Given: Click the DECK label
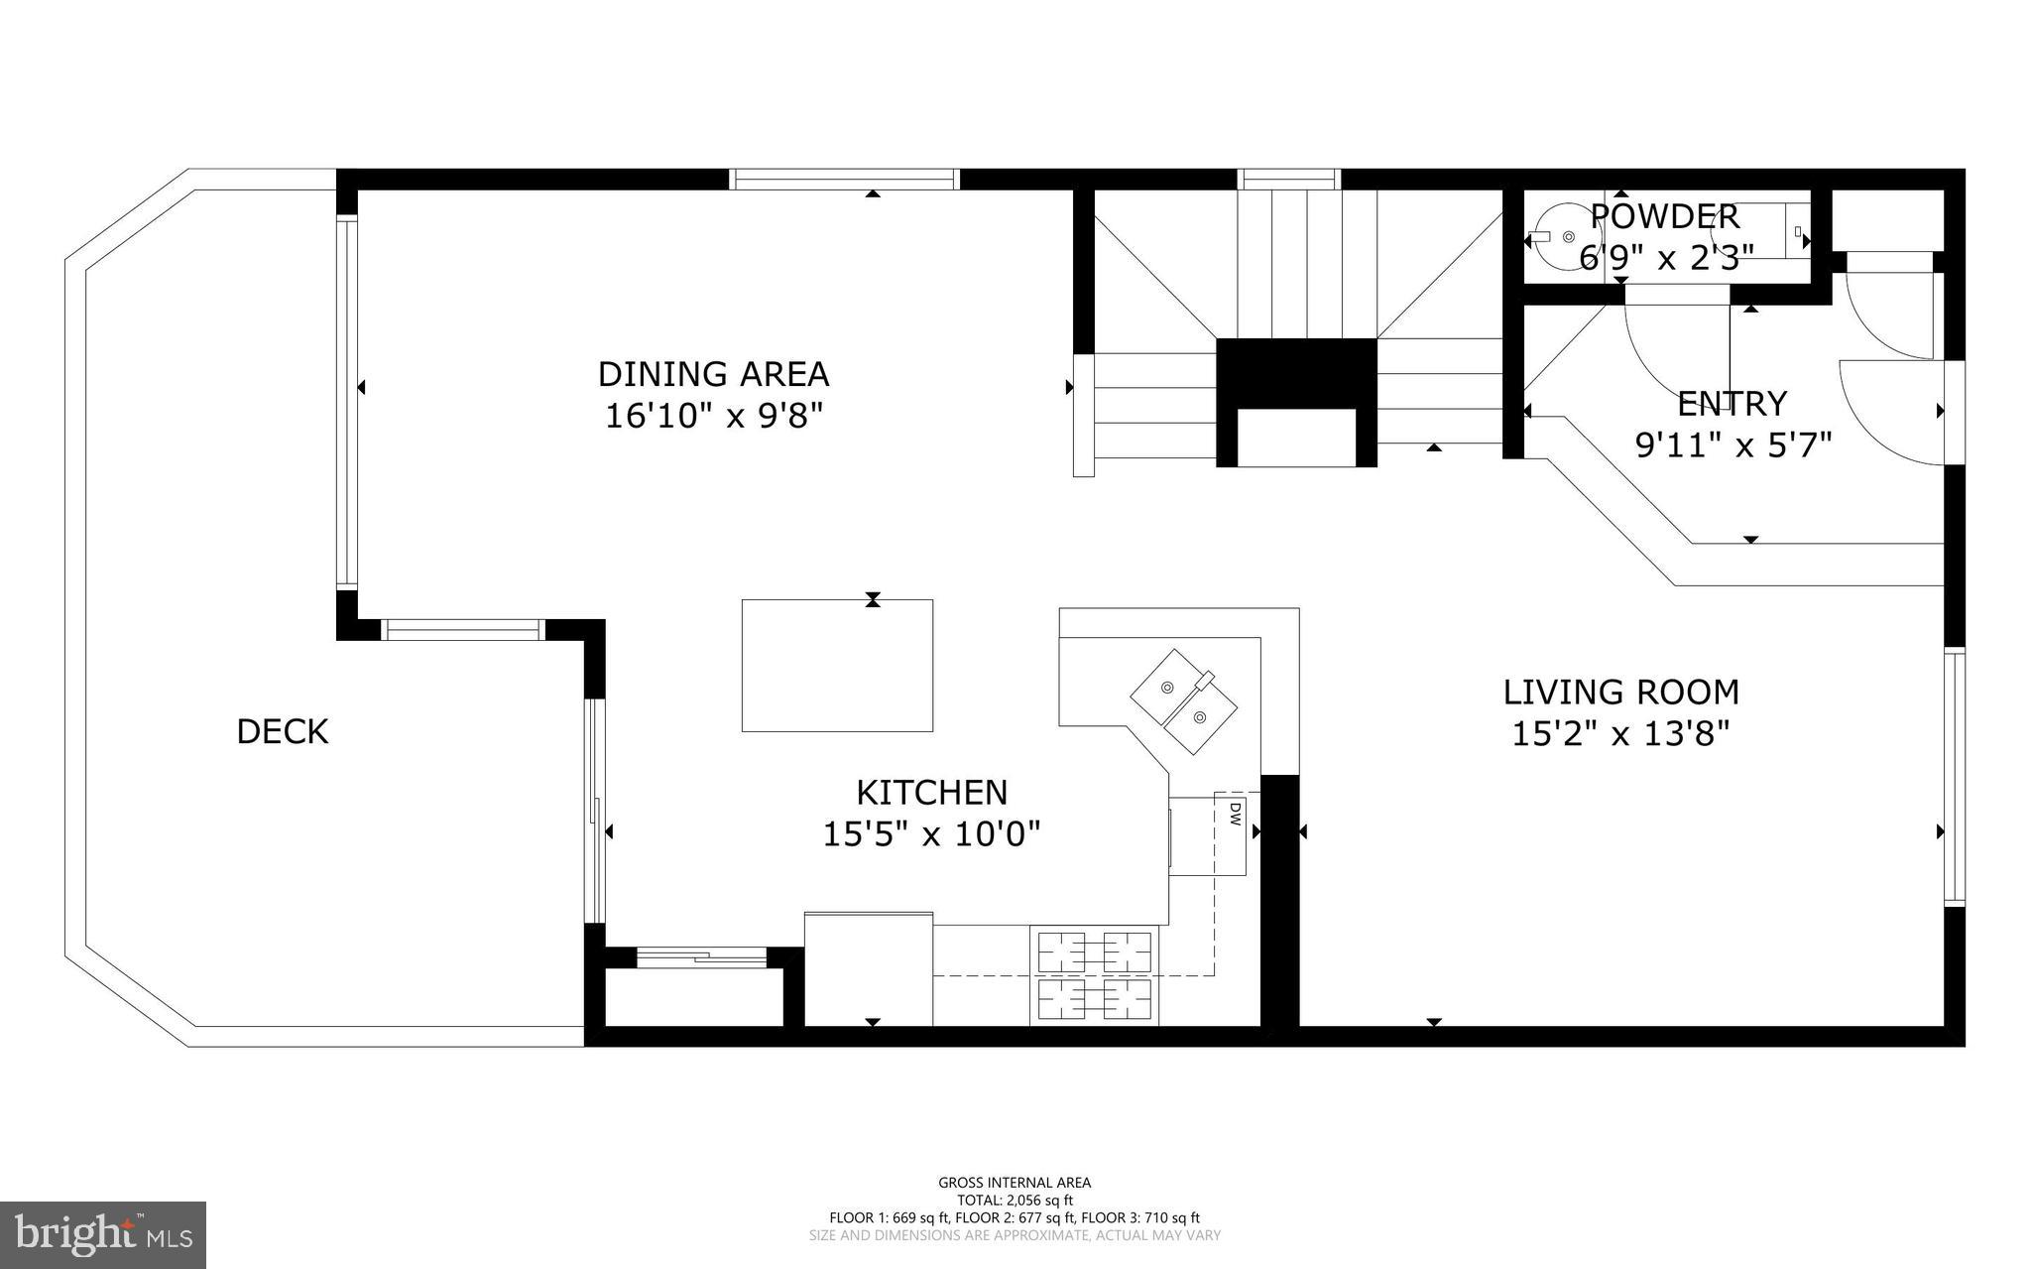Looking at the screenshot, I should (x=282, y=732).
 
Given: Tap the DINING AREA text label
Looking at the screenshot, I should (x=713, y=374).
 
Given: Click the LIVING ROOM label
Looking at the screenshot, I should (x=1620, y=692).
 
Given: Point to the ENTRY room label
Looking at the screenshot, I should (x=1732, y=404).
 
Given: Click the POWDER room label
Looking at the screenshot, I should (x=1664, y=216).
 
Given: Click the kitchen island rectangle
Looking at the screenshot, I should (x=837, y=666).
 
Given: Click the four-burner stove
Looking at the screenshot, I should (x=1095, y=976).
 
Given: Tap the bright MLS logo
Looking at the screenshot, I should (x=103, y=1233).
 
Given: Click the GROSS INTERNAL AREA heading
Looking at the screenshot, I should (x=1015, y=1182).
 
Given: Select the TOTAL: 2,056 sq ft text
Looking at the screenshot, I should (x=1015, y=1200).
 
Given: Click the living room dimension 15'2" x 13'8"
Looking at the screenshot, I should (x=1620, y=734).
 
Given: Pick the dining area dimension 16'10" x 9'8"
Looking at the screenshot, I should (x=714, y=416).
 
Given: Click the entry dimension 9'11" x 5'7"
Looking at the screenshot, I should (x=1732, y=445).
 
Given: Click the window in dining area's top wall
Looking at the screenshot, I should (x=845, y=179).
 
